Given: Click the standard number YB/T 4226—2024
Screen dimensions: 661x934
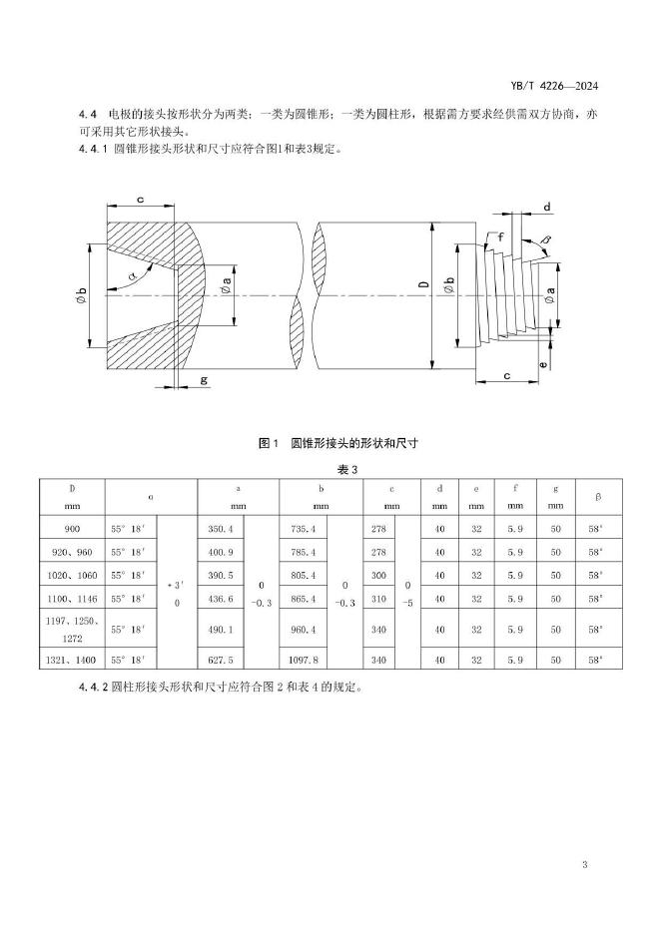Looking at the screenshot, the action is click(x=560, y=87).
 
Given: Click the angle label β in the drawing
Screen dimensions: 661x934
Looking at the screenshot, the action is click(x=546, y=240).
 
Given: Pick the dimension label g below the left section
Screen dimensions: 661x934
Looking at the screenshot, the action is click(x=203, y=380).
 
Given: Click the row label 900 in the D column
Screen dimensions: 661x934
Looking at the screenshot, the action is click(x=72, y=526).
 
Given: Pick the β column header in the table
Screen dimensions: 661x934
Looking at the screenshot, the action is click(x=597, y=496).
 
